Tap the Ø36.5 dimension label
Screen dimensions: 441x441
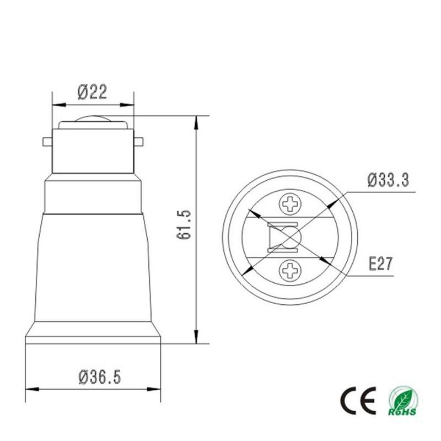(99, 377)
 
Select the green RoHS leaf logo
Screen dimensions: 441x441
(402, 401)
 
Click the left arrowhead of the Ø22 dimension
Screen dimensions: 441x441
(56, 104)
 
